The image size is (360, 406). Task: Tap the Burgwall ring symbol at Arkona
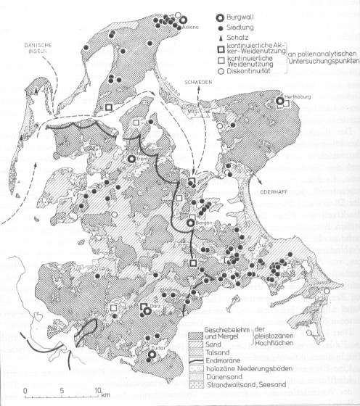pos(183,20)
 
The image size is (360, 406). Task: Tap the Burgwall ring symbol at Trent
pos(131,159)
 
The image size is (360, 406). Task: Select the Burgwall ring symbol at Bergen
pos(191,224)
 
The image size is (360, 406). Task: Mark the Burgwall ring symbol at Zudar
pos(152,355)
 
